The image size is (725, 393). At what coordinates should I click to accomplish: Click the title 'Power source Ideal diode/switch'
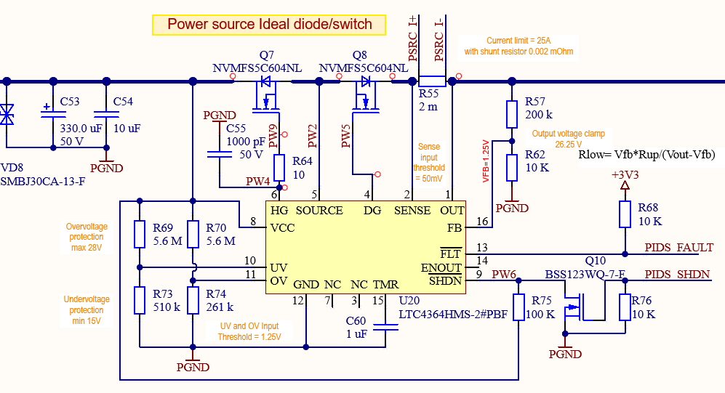tap(270, 25)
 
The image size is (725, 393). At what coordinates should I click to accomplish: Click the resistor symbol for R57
tap(512, 115)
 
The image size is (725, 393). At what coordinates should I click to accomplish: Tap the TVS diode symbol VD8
tap(7, 114)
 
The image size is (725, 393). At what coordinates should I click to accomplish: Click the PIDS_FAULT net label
tap(678, 248)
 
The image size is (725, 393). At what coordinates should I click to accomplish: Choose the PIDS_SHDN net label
tap(677, 275)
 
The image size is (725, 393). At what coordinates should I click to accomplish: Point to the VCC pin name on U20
tap(282, 227)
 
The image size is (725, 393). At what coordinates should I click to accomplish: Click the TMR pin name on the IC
tap(385, 284)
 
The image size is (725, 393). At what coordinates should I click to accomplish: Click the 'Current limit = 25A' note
tap(519, 41)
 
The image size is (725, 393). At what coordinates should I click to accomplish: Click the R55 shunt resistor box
tap(433, 80)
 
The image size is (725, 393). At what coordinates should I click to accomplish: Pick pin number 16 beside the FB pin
tap(481, 221)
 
